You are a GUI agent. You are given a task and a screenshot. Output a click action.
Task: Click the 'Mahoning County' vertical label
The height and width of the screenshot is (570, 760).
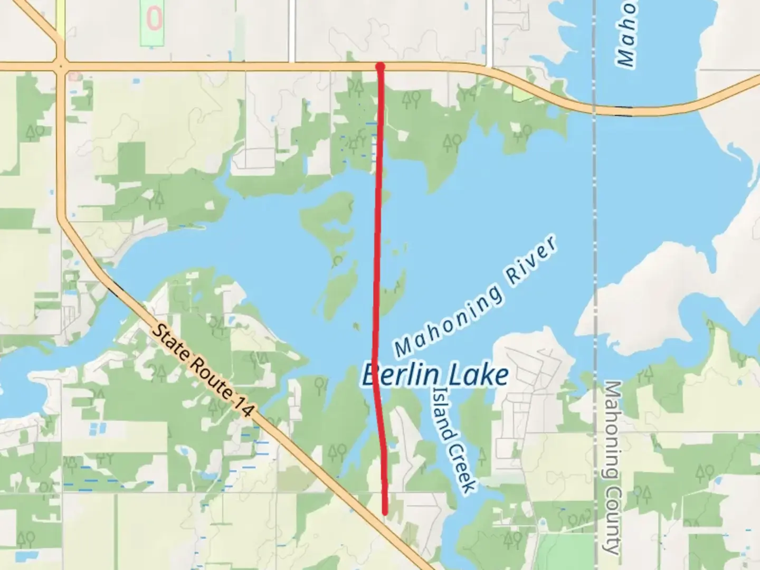coord(612,467)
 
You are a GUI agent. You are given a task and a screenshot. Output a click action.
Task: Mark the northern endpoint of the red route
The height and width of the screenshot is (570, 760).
coord(380,66)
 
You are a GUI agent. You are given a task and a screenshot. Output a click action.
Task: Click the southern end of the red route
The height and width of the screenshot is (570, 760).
coord(385,511)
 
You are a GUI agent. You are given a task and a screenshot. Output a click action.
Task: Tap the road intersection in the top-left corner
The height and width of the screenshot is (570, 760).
coord(62,66)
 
